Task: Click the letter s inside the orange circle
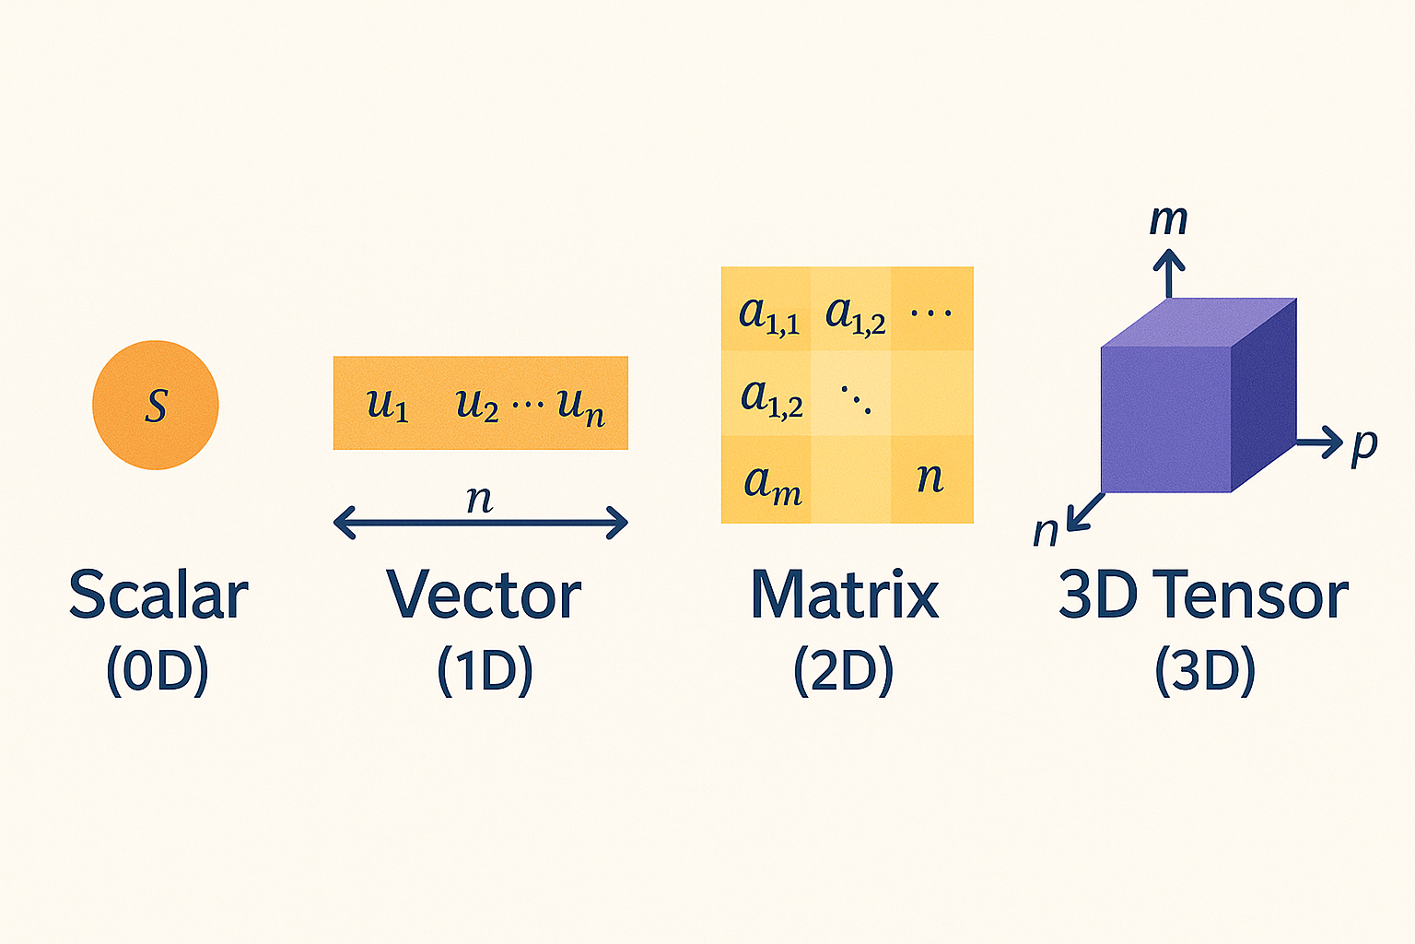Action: click(x=156, y=406)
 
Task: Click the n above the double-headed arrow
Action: click(x=479, y=500)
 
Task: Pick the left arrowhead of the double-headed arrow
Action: click(x=345, y=523)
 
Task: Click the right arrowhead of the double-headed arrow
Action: click(x=617, y=523)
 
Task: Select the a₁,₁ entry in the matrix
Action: click(x=769, y=315)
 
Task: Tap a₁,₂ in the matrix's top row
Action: click(x=855, y=315)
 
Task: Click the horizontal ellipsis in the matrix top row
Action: click(x=931, y=312)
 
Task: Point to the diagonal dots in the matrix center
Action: click(x=856, y=399)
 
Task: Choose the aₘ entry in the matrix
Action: click(x=773, y=486)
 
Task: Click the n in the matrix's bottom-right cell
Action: click(x=930, y=478)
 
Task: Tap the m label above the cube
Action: click(x=1169, y=220)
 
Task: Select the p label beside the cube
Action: click(x=1364, y=448)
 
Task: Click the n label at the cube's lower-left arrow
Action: click(x=1046, y=532)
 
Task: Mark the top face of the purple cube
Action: click(x=1199, y=323)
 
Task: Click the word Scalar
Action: click(x=158, y=595)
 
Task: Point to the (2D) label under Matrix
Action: click(x=844, y=671)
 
